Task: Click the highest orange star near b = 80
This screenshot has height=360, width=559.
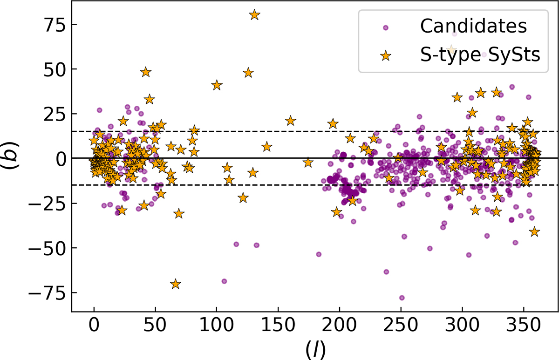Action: coord(254,15)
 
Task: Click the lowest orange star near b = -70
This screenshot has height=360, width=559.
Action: coord(176,284)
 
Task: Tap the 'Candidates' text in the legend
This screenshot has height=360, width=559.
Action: coord(473,27)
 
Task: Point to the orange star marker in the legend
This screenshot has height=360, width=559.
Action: coord(386,56)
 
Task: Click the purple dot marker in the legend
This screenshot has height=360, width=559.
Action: coord(386,28)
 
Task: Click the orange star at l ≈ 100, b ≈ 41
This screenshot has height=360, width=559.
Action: coord(217,85)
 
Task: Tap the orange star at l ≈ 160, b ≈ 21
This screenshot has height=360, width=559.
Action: coord(291,121)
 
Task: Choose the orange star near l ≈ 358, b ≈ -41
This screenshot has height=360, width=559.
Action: coord(534,231)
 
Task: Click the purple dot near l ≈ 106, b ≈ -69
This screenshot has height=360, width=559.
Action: coord(224,281)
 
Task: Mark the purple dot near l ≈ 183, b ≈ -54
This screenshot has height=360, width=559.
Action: coord(319,254)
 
